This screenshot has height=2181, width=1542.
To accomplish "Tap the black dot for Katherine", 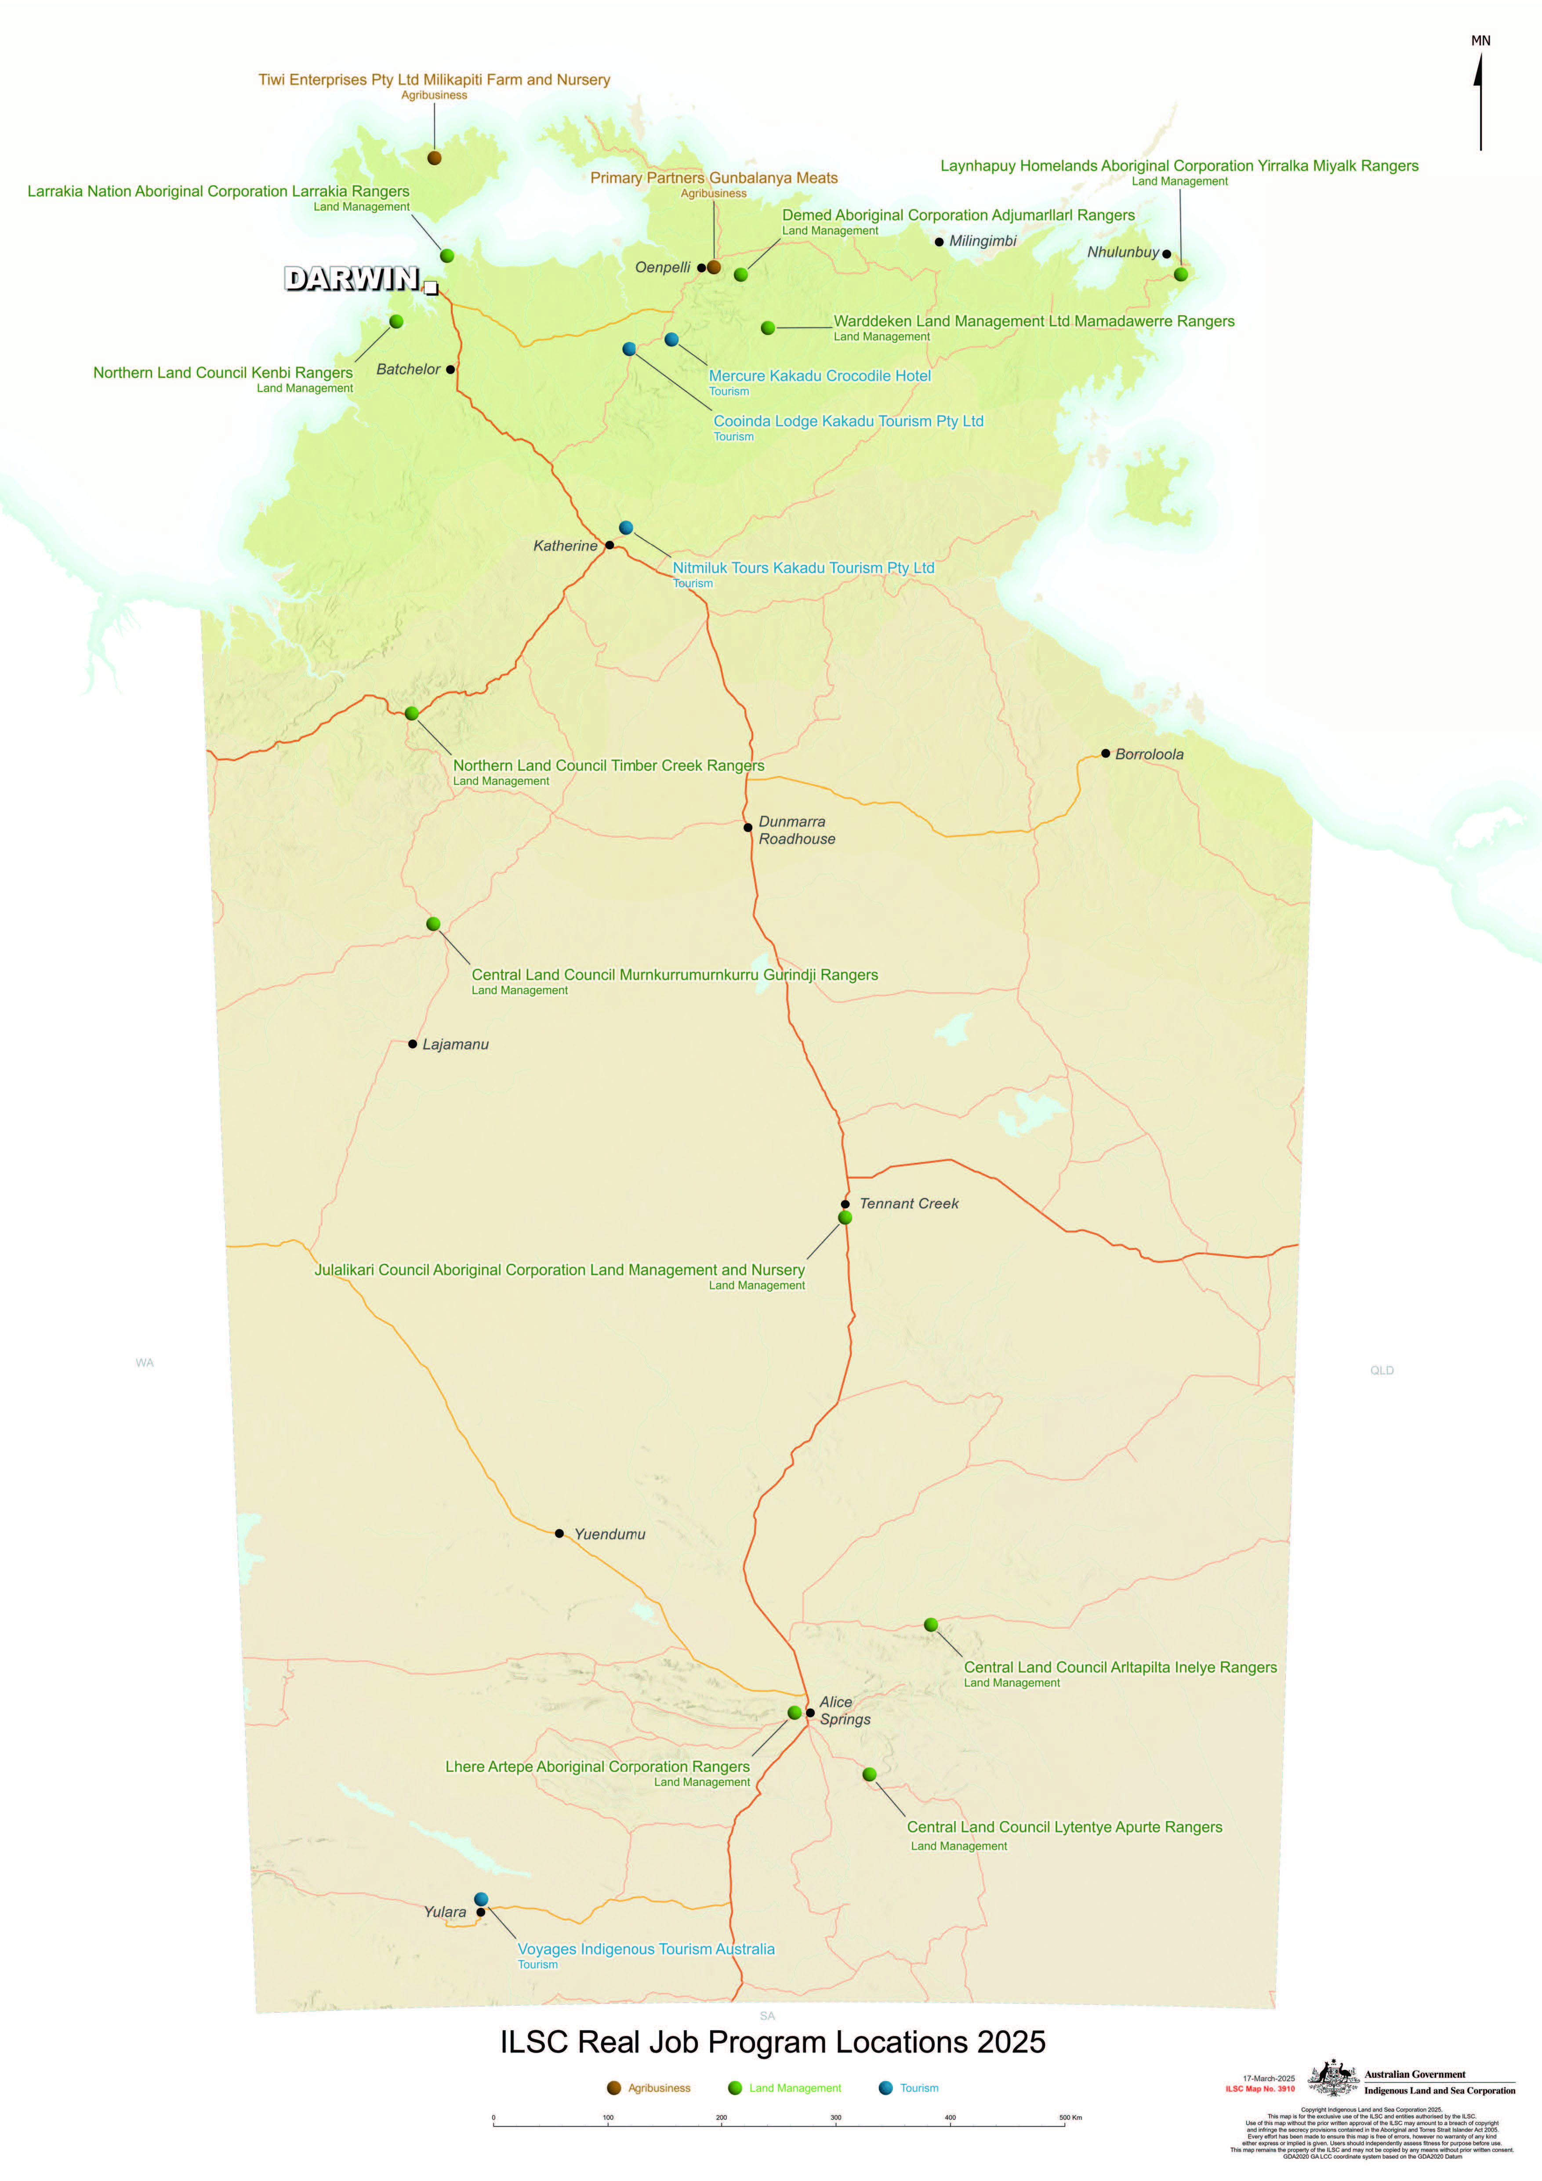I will click(x=609, y=545).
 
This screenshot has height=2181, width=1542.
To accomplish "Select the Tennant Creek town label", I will click(x=908, y=1204).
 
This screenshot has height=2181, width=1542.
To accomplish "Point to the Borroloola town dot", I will click(x=1105, y=753).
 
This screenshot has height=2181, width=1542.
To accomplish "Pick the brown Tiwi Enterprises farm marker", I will click(x=434, y=158).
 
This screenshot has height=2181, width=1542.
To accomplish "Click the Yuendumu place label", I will click(x=609, y=1534).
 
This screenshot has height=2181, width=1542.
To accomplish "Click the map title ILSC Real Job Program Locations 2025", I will click(x=773, y=2042).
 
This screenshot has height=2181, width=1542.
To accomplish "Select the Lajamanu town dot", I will click(x=412, y=1044).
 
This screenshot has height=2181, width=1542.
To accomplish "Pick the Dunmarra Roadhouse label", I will click(x=796, y=830).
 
